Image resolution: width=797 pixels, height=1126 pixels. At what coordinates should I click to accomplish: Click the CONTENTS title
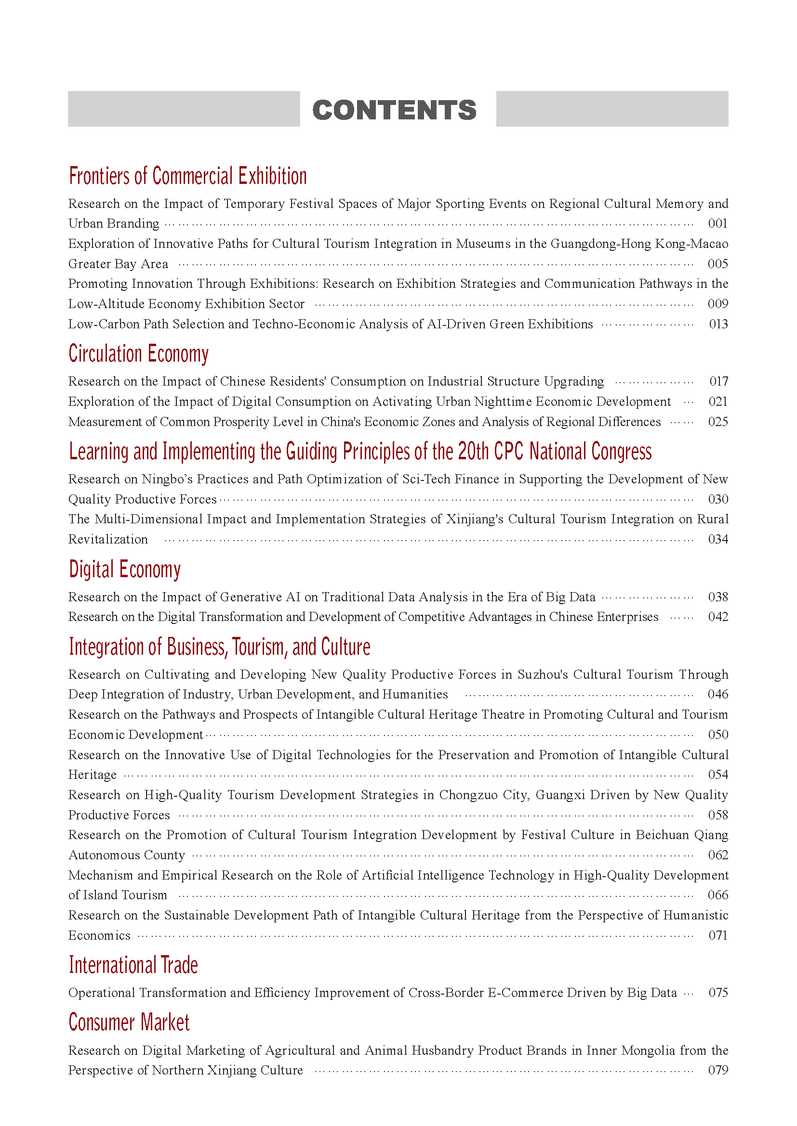tap(394, 110)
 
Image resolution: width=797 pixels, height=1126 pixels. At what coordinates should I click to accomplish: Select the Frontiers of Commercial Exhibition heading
tap(187, 176)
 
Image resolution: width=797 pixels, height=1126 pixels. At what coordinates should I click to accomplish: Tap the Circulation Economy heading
tap(138, 354)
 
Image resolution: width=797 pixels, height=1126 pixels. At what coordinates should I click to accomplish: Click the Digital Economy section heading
tap(125, 569)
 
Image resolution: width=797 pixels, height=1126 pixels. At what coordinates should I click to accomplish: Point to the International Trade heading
tap(133, 965)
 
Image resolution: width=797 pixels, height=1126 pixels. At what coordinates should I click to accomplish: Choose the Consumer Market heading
tap(129, 1022)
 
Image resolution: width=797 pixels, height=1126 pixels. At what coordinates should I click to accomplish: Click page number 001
tap(717, 224)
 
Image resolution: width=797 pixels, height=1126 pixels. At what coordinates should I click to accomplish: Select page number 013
tap(718, 324)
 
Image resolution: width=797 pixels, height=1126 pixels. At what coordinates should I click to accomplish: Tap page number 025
tap(717, 422)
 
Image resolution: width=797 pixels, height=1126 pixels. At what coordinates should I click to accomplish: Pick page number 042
tap(717, 617)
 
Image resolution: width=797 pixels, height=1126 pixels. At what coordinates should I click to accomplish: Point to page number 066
tap(717, 895)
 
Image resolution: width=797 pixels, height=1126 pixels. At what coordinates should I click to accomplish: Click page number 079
tap(717, 1070)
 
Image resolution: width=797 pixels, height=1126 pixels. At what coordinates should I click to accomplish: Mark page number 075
tap(718, 993)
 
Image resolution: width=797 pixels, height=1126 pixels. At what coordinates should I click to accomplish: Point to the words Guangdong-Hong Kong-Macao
tap(639, 244)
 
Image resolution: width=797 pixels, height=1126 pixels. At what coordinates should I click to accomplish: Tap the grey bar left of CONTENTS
tap(184, 109)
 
